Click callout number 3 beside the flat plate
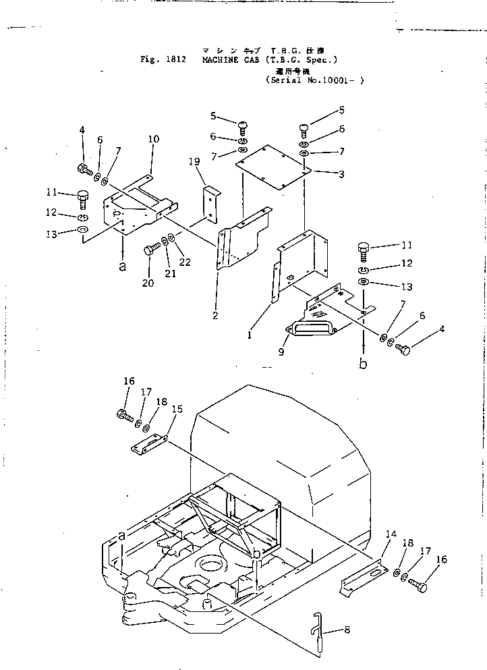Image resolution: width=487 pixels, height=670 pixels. (341, 174)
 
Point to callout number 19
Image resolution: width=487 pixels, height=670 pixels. (194, 161)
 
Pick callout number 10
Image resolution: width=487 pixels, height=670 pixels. (154, 139)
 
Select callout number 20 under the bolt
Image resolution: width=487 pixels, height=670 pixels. (148, 283)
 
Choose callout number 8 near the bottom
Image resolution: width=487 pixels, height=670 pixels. (347, 631)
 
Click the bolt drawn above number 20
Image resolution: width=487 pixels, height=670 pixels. (150, 251)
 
